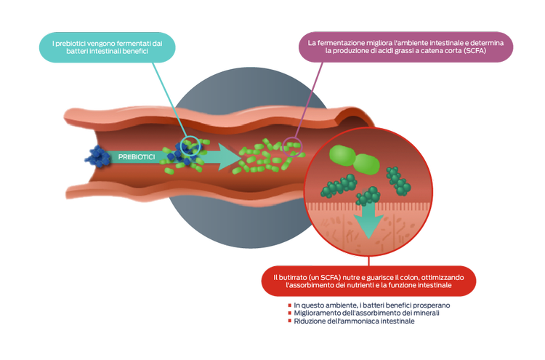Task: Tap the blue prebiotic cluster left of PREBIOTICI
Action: [96, 159]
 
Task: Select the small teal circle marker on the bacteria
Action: [190, 145]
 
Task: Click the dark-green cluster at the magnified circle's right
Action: [397, 179]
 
